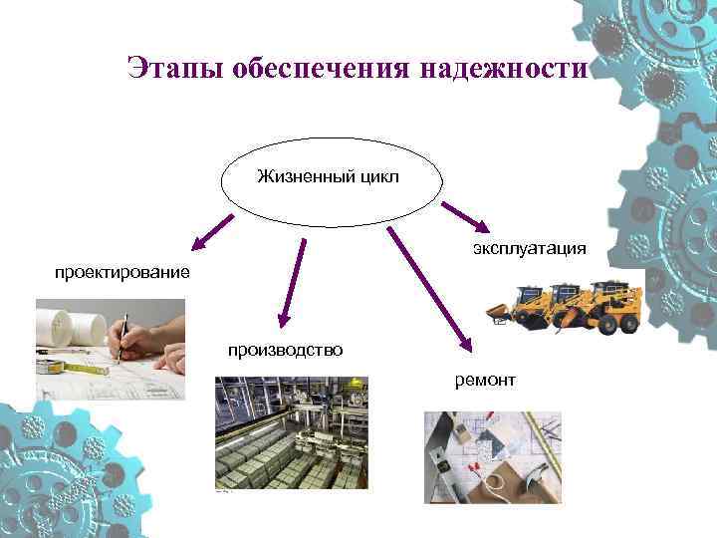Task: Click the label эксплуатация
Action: pos(530,247)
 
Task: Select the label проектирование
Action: pos(122,272)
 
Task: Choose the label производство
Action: pos(286,350)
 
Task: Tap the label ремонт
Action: pos(485,379)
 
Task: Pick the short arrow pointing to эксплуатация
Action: pos(464,216)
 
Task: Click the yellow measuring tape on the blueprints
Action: pos(84,367)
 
